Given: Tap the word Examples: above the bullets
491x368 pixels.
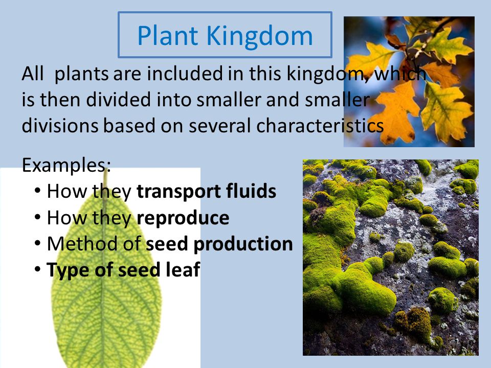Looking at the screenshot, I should click(66, 166).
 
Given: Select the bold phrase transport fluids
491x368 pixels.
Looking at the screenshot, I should click(206, 192).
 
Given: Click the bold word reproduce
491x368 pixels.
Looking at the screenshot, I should click(183, 218).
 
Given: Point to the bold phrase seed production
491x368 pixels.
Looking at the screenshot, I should click(219, 244).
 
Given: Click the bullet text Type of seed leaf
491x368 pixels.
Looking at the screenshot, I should click(123, 270).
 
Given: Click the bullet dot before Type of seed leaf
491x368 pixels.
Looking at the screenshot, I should click(38, 269).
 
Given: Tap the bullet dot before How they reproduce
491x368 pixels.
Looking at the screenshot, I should click(38, 217).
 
